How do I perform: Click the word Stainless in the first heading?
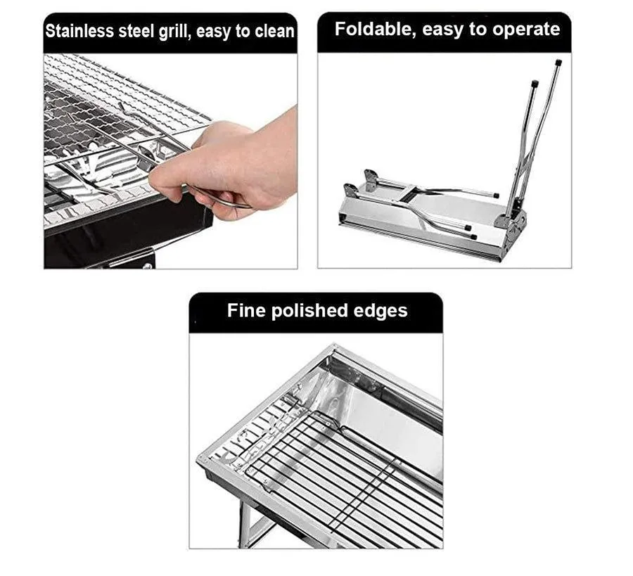pos(79,32)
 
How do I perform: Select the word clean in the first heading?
pos(274,32)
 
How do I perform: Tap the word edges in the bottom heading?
pos(381,311)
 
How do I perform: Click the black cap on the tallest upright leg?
pos(558,63)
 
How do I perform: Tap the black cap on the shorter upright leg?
pos(535,84)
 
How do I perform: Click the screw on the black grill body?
pos(148,267)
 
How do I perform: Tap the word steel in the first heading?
pos(136,32)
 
